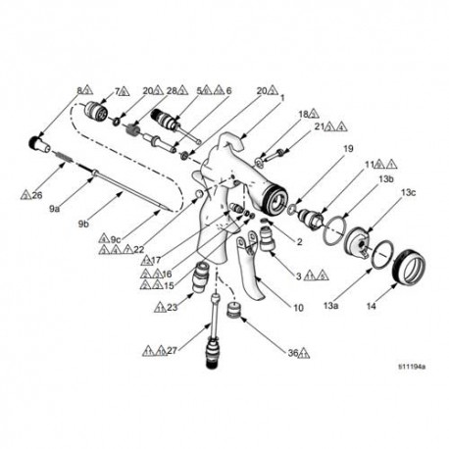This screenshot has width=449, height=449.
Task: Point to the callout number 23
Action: (x=173, y=307)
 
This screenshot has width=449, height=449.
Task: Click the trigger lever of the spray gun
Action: (x=257, y=284)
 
